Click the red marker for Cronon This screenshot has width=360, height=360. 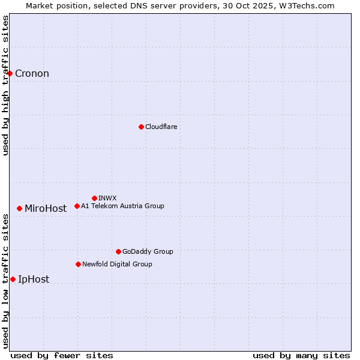pos(10,73)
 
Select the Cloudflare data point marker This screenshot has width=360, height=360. pos(141,127)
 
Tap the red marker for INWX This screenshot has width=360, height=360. pos(94,198)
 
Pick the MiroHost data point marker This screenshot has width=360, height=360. pos(20,208)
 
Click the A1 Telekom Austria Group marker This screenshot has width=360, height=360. pos(77,206)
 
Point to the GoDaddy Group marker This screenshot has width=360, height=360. pos(118,251)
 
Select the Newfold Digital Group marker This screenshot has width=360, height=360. pos(78,264)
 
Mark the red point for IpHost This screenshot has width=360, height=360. pos(13,279)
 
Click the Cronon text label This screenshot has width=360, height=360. pos(32,74)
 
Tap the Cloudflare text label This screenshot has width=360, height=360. pos(161,127)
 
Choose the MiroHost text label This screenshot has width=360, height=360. pos(46,209)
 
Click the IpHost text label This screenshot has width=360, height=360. pos(34,280)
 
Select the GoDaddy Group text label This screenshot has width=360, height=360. pos(148,251)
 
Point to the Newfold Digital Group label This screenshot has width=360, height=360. pos(117,264)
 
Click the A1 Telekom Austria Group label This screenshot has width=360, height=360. pos(122,206)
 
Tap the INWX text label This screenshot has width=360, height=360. pos(107,198)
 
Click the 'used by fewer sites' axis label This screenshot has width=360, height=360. pos(62,355)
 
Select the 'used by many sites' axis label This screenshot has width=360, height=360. pos(301,355)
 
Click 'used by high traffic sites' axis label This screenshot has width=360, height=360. pos(6,85)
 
